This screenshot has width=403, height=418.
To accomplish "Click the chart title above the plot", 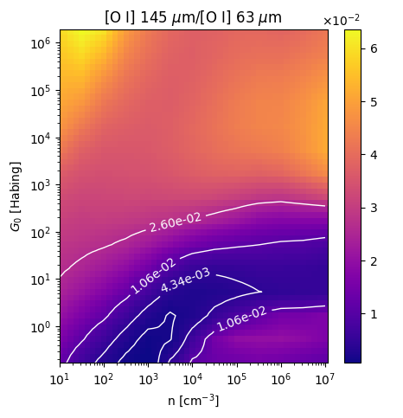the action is tap(193, 17).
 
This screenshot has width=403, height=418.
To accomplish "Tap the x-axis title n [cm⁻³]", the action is tap(194, 401).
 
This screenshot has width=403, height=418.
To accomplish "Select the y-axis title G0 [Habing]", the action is tap(16, 196).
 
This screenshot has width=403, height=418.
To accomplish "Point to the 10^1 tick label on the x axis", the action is tap(60, 380).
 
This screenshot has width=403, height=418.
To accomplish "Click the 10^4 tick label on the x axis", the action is tap(193, 380).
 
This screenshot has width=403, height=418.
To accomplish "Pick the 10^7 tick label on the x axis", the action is tap(325, 380).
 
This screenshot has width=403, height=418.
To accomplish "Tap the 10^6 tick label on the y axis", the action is tap(41, 43).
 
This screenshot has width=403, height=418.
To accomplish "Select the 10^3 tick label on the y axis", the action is tap(41, 185).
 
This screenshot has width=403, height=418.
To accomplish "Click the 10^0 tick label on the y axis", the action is tap(41, 327).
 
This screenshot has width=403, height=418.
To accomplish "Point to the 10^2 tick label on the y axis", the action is tap(41, 233).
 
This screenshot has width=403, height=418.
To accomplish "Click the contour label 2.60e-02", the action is tap(175, 222).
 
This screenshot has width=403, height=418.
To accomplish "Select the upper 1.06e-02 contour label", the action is tap(153, 276).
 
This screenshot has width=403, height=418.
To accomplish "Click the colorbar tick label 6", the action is tap(374, 49).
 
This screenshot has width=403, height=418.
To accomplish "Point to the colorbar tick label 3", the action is tap(374, 209).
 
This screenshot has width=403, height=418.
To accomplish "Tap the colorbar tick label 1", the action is tap(374, 314).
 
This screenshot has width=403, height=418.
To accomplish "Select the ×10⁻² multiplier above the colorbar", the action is tap(342, 21).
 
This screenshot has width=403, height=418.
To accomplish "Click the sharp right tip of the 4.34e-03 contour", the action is tap(261, 292).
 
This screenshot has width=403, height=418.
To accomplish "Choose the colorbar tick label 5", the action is tap(374, 102).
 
